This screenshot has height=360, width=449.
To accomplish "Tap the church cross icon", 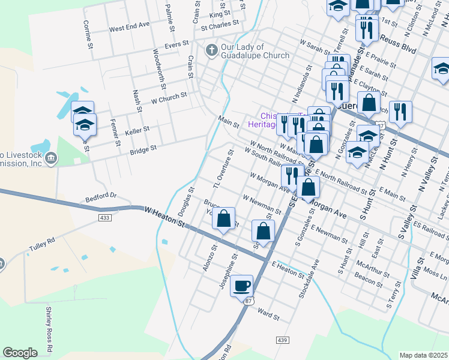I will click(211, 50).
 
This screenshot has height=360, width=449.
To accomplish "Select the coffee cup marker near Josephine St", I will click(241, 286).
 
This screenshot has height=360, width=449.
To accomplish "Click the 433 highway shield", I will click(106, 217).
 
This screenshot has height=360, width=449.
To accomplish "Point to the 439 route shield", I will click(283, 340).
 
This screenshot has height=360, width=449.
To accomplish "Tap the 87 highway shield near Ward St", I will click(249, 300).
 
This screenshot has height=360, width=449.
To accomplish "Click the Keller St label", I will click(137, 130).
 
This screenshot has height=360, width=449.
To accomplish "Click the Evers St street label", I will click(177, 44).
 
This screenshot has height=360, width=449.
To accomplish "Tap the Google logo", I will click(20, 352).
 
